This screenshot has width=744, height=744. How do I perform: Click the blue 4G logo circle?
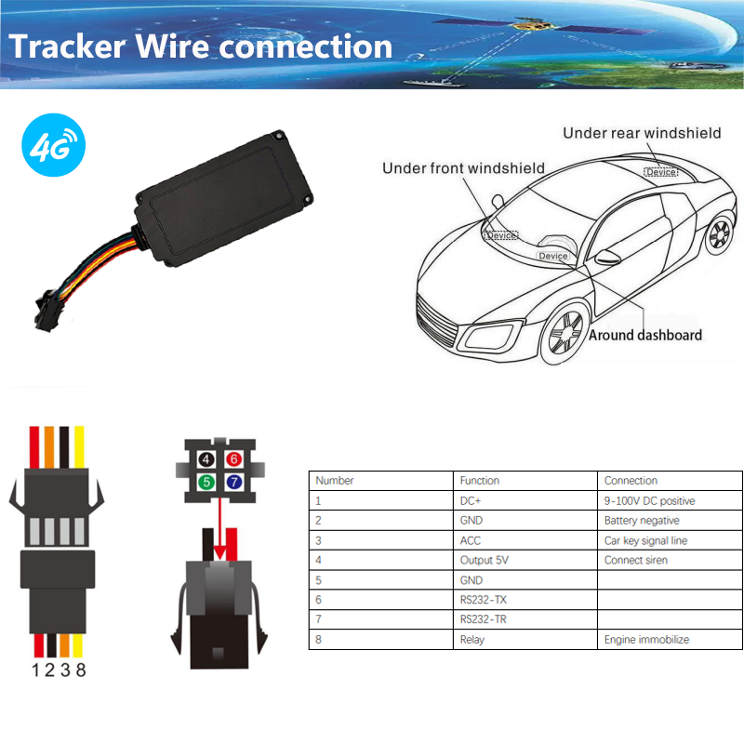point(52,147)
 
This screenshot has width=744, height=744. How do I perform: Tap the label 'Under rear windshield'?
point(641,133)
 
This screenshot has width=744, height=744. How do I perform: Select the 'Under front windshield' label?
point(463,168)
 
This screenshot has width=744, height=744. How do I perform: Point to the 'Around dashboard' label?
point(645,335)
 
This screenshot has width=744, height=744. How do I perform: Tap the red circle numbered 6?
point(234,458)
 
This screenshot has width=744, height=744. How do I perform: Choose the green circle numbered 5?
point(207,482)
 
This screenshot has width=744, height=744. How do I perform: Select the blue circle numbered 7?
point(234,482)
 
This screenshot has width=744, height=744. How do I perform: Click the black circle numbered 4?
point(207,458)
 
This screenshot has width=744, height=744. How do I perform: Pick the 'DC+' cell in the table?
point(472,500)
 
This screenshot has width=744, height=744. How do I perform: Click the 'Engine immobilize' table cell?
point(646,639)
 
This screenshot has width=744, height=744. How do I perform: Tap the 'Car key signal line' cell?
point(645,540)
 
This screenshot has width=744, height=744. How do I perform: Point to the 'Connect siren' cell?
point(636,560)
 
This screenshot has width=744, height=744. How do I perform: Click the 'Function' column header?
point(480,481)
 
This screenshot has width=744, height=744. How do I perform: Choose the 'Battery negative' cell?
point(642,521)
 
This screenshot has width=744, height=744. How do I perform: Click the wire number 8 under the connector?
point(80,671)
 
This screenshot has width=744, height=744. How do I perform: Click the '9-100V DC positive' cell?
point(649,500)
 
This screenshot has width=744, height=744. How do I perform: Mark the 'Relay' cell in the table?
point(472,639)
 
